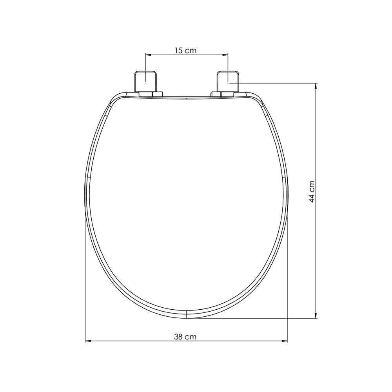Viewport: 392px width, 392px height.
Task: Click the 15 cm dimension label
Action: (186, 50)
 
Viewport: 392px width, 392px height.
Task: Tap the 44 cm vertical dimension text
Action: (312, 191)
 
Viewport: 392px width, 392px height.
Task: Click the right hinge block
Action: (228, 81)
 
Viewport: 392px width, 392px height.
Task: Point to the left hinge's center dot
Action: (146, 83)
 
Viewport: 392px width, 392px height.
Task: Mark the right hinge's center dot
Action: (228, 83)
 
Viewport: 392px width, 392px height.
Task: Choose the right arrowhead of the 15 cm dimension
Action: (225, 55)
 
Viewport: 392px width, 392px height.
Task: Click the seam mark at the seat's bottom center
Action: (186, 314)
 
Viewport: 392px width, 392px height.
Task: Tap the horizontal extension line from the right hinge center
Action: (274, 83)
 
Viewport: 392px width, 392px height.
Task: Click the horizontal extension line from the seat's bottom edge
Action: (255, 318)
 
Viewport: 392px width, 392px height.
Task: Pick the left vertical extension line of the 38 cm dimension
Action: (85, 274)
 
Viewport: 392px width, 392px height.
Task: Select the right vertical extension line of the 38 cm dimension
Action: (288, 274)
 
